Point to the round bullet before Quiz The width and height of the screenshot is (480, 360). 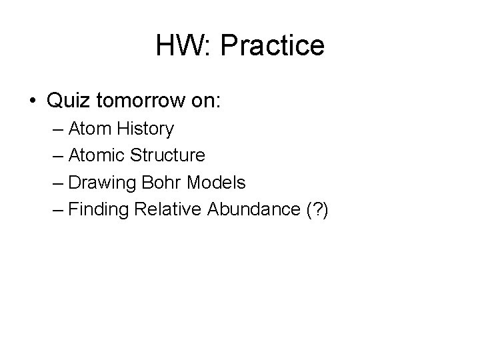tap(33, 101)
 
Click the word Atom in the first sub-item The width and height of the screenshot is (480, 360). tap(86, 129)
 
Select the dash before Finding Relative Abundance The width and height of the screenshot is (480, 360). tap(56, 210)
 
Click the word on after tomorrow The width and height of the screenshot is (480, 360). tap(199, 101)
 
